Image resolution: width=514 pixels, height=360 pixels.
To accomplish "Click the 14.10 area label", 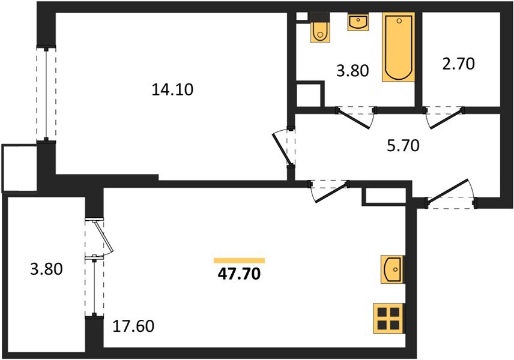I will click(174, 91).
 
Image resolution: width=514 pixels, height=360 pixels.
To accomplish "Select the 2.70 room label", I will click(459, 63).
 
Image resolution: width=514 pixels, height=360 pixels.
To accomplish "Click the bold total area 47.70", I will click(239, 275).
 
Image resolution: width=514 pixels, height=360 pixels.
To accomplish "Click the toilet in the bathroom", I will click(319, 30).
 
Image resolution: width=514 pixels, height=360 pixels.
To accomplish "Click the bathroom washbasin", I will click(358, 23).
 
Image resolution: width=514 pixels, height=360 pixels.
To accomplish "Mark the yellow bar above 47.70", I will click(239, 260).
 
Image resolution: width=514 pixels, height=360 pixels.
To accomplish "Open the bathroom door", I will click(355, 116).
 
